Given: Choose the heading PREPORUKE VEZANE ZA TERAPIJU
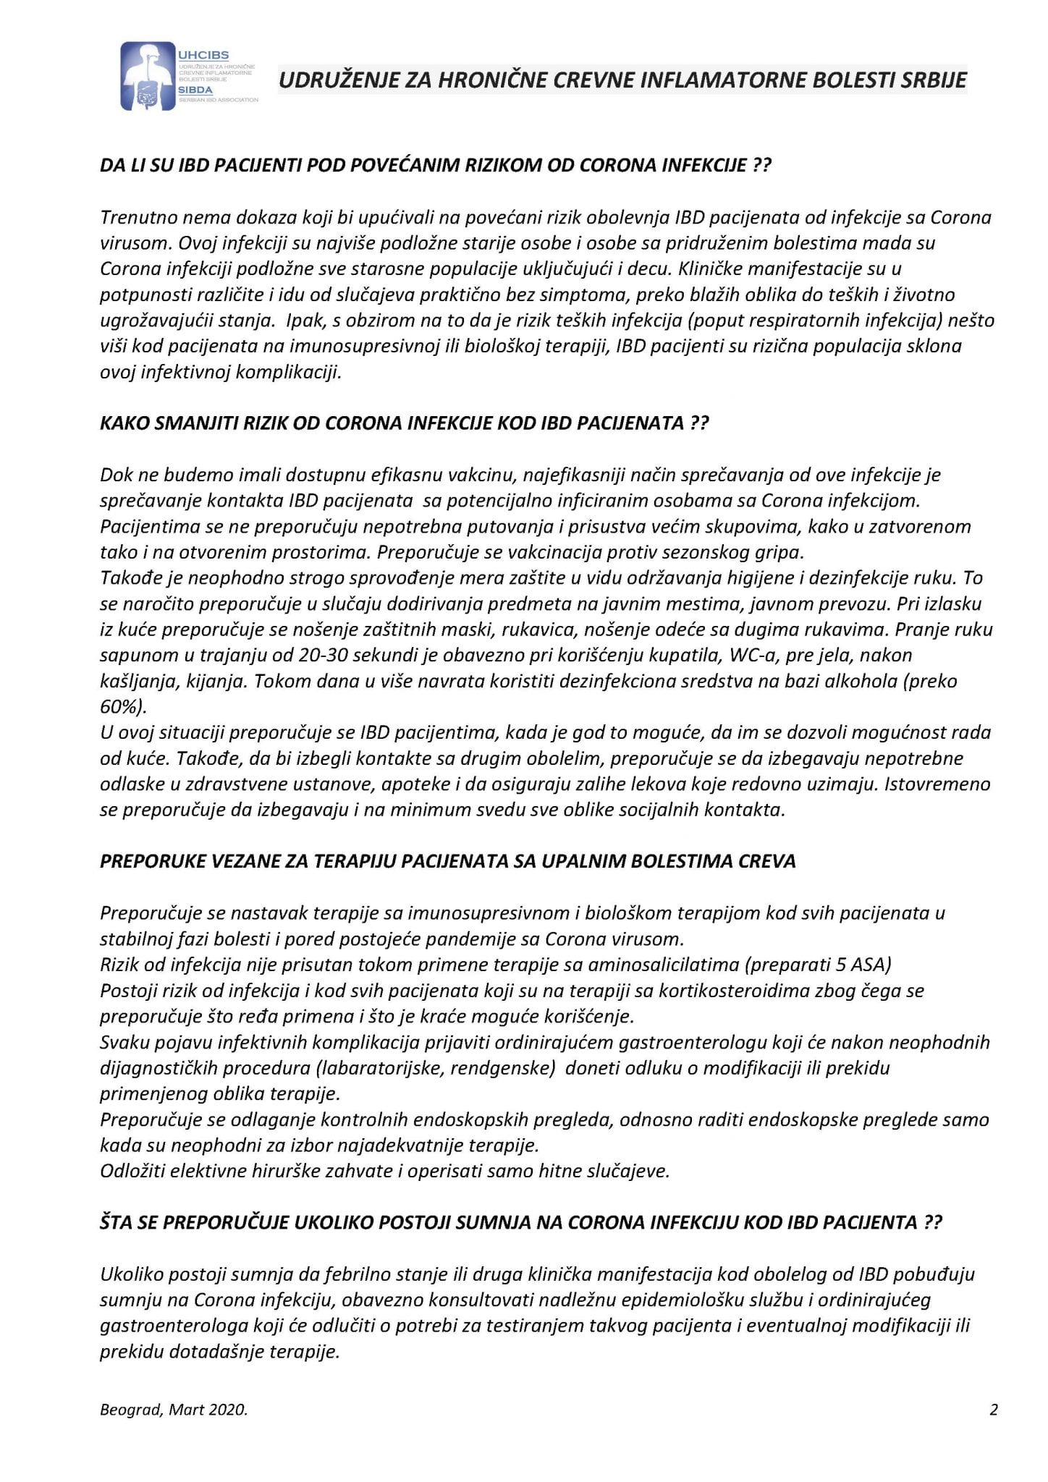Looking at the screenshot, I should pyautogui.click(x=447, y=861).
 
